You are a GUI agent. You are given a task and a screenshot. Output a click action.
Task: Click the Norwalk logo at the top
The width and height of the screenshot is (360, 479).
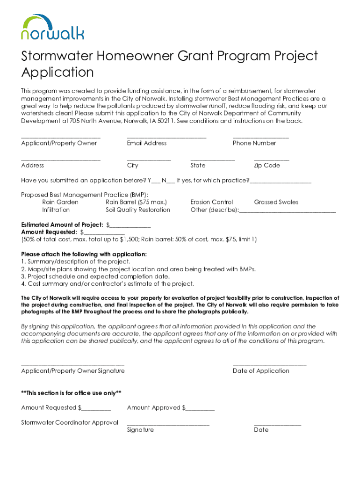pos(52,27)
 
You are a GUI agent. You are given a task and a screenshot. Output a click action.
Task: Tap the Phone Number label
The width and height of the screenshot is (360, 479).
pos(254,143)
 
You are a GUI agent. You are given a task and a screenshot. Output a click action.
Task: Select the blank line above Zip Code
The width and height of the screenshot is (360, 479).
pos(271,160)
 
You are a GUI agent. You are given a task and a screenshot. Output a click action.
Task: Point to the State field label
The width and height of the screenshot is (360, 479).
pos(198,166)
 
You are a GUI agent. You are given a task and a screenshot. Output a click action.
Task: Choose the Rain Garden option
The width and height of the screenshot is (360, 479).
pos(60,202)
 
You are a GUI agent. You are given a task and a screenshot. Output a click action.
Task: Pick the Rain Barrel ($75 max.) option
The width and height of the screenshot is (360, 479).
pos(136,202)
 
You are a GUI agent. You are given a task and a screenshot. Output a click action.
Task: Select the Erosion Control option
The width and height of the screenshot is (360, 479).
pos(211,202)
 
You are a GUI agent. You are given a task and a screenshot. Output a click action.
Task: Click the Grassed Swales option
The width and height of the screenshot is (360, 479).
pos(276,202)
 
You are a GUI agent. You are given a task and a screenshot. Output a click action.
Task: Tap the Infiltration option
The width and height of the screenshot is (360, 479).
pos(56,210)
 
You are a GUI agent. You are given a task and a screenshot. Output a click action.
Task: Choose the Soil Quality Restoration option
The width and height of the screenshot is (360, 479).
pos(138,210)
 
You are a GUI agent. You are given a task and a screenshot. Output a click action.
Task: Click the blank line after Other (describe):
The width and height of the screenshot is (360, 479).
pos(288,211)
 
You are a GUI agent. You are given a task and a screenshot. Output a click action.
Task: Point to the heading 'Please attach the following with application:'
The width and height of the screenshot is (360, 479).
pos(84,254)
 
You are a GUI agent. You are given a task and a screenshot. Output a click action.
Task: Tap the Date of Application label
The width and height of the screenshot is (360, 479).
pos(261,371)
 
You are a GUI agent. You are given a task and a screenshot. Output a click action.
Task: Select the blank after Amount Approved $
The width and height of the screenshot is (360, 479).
pos(200,409)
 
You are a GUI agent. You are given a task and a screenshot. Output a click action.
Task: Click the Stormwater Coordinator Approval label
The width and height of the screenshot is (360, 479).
pos(70,423)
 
